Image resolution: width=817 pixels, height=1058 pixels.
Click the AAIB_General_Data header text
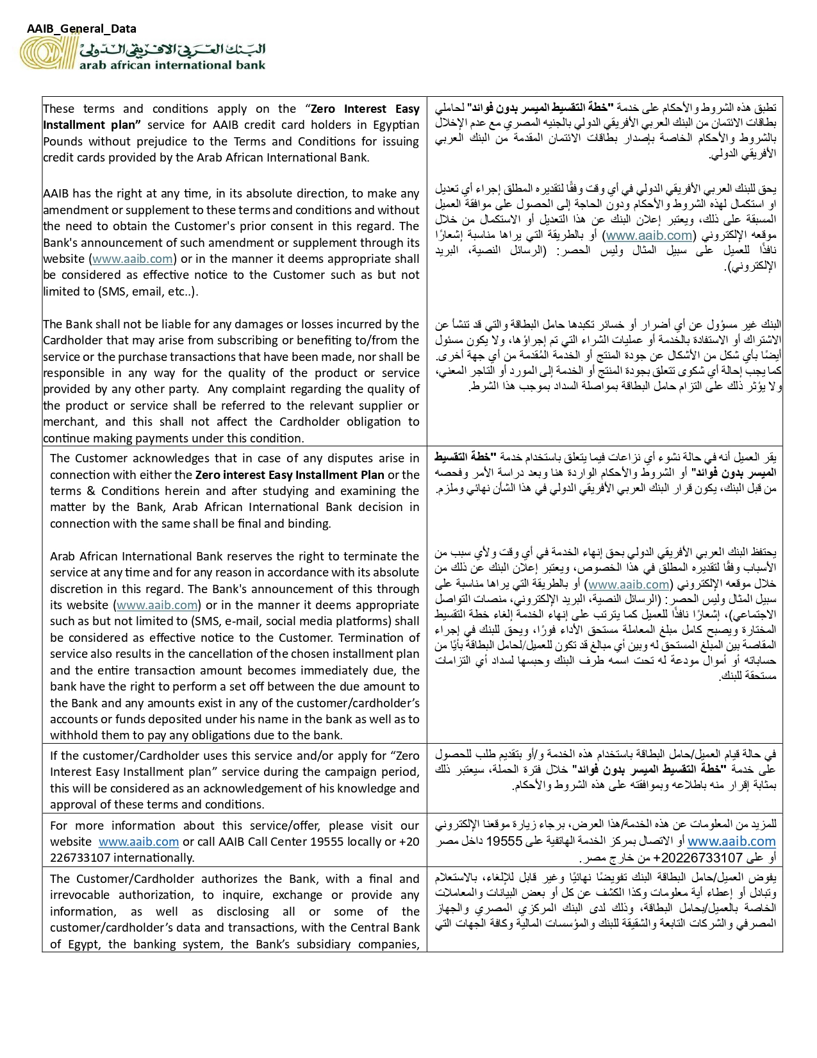point(81,29)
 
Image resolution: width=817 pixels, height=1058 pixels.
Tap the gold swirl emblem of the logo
point(47,53)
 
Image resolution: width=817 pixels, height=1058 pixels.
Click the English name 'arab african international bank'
point(172,65)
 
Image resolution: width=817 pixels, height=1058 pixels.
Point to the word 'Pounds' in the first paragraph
point(63,142)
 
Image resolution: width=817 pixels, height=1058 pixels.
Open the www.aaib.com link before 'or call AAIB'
point(138,842)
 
